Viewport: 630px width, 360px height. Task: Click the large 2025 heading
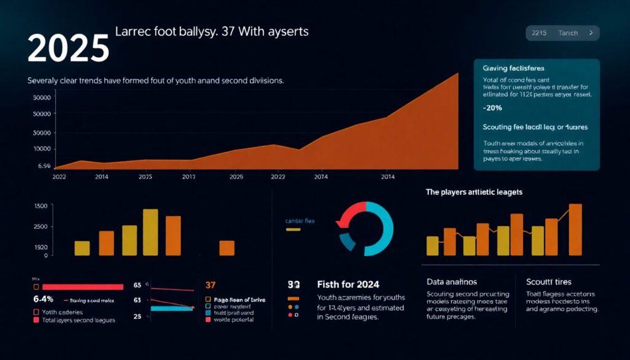68,49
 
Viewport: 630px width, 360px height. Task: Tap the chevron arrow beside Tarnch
591,33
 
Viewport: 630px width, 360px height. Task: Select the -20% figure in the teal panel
493,108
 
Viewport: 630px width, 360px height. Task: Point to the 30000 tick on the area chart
41,98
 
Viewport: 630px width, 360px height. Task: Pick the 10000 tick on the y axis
41,149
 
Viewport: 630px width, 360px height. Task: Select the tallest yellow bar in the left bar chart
151,232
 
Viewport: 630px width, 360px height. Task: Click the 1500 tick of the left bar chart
41,206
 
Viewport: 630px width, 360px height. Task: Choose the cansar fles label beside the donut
300,220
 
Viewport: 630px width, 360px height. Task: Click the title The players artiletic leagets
474,193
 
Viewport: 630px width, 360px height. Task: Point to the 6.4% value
44,299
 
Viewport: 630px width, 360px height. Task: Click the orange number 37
210,285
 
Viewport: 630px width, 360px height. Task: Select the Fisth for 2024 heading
348,284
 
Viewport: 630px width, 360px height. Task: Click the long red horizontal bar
82,287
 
